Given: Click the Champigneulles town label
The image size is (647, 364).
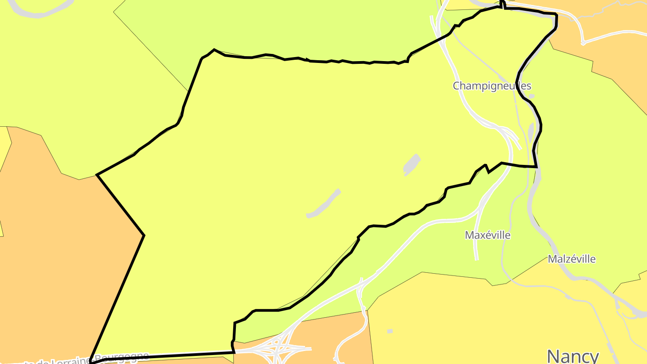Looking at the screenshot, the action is [492, 85].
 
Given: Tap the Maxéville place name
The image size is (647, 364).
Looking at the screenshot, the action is [487, 235].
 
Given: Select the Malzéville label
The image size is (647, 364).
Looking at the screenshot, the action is [572, 259].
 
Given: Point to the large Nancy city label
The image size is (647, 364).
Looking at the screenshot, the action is [573, 356].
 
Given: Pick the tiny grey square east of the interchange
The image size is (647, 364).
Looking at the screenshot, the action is [390, 331].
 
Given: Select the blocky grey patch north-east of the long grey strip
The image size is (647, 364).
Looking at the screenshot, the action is [411, 164].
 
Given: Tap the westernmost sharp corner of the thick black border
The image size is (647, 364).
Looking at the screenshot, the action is [97, 174].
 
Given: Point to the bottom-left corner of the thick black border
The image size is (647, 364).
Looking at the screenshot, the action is [91, 361].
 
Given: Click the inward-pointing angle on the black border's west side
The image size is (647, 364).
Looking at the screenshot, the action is [144, 235].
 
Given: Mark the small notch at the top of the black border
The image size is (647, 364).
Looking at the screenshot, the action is [502, 4].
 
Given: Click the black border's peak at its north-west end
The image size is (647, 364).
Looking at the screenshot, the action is [214, 49].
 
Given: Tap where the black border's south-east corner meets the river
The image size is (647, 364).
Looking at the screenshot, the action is [537, 167].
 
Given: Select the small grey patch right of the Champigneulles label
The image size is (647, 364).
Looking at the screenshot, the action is [532, 96].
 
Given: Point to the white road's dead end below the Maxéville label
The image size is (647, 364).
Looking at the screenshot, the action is [477, 259].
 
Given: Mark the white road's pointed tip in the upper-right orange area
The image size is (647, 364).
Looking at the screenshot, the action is [583, 44].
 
